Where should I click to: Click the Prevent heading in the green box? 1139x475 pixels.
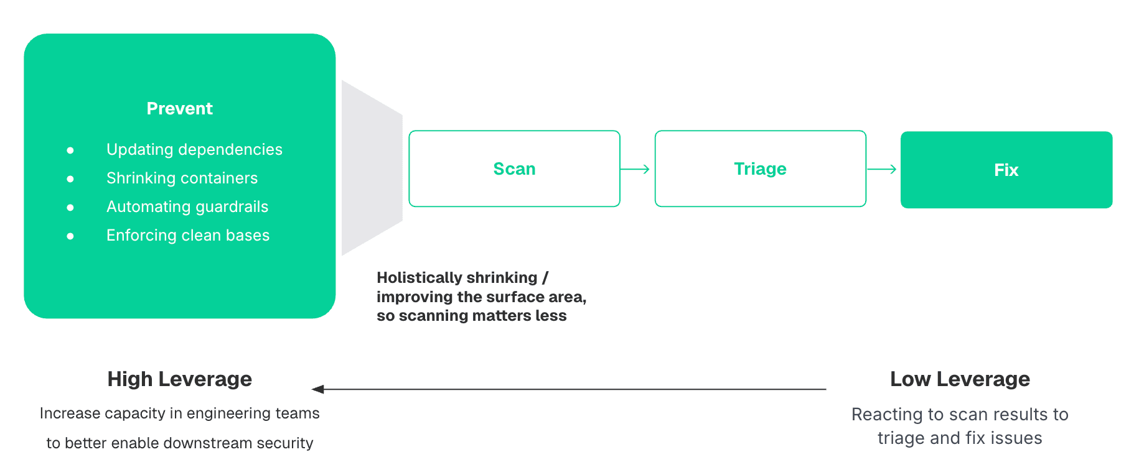[x=180, y=109]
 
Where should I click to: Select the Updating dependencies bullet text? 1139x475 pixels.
[x=194, y=150]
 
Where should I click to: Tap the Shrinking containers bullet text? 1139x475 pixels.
[x=182, y=178]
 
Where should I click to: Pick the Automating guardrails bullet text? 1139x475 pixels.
[x=187, y=207]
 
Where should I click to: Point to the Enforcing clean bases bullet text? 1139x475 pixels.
[x=188, y=236]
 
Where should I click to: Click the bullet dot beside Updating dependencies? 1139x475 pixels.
[x=70, y=150]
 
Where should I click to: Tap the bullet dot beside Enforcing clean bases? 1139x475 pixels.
[x=70, y=236]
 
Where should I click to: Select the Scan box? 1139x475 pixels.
[x=515, y=168]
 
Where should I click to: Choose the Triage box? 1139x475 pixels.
[x=761, y=168]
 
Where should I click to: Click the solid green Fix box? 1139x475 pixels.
[x=1006, y=170]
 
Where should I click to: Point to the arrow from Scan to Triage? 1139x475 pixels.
[x=635, y=169]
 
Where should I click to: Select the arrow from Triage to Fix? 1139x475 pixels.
[x=881, y=169]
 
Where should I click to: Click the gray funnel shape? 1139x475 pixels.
[x=372, y=168]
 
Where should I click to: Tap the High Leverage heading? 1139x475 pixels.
[x=180, y=379]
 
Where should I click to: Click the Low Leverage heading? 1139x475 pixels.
[x=960, y=379]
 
